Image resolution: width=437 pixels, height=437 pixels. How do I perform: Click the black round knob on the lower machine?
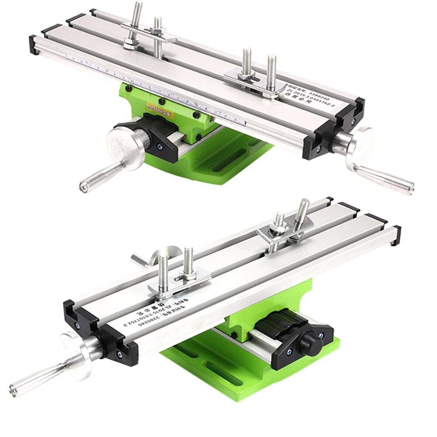point(311,345)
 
